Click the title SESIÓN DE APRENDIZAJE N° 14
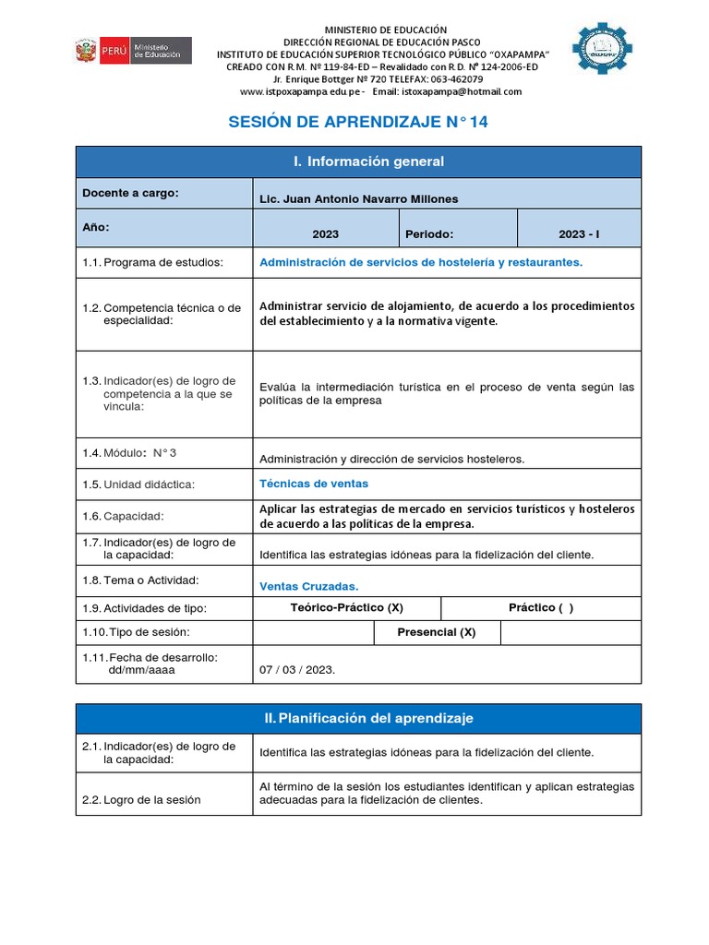[358, 122]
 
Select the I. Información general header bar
[358, 161]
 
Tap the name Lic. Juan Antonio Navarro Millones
[358, 198]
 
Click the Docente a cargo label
[130, 193]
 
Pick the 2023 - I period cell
[578, 234]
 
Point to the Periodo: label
[429, 234]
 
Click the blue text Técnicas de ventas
[314, 484]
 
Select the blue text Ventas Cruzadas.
[308, 586]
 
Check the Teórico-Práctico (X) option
[346, 608]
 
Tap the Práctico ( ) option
[540, 608]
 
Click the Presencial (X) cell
[436, 632]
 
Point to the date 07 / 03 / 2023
[297, 670]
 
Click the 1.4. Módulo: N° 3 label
[128, 452]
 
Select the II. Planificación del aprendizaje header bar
[358, 718]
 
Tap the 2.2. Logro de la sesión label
[141, 799]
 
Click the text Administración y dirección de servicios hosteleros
[391, 459]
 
